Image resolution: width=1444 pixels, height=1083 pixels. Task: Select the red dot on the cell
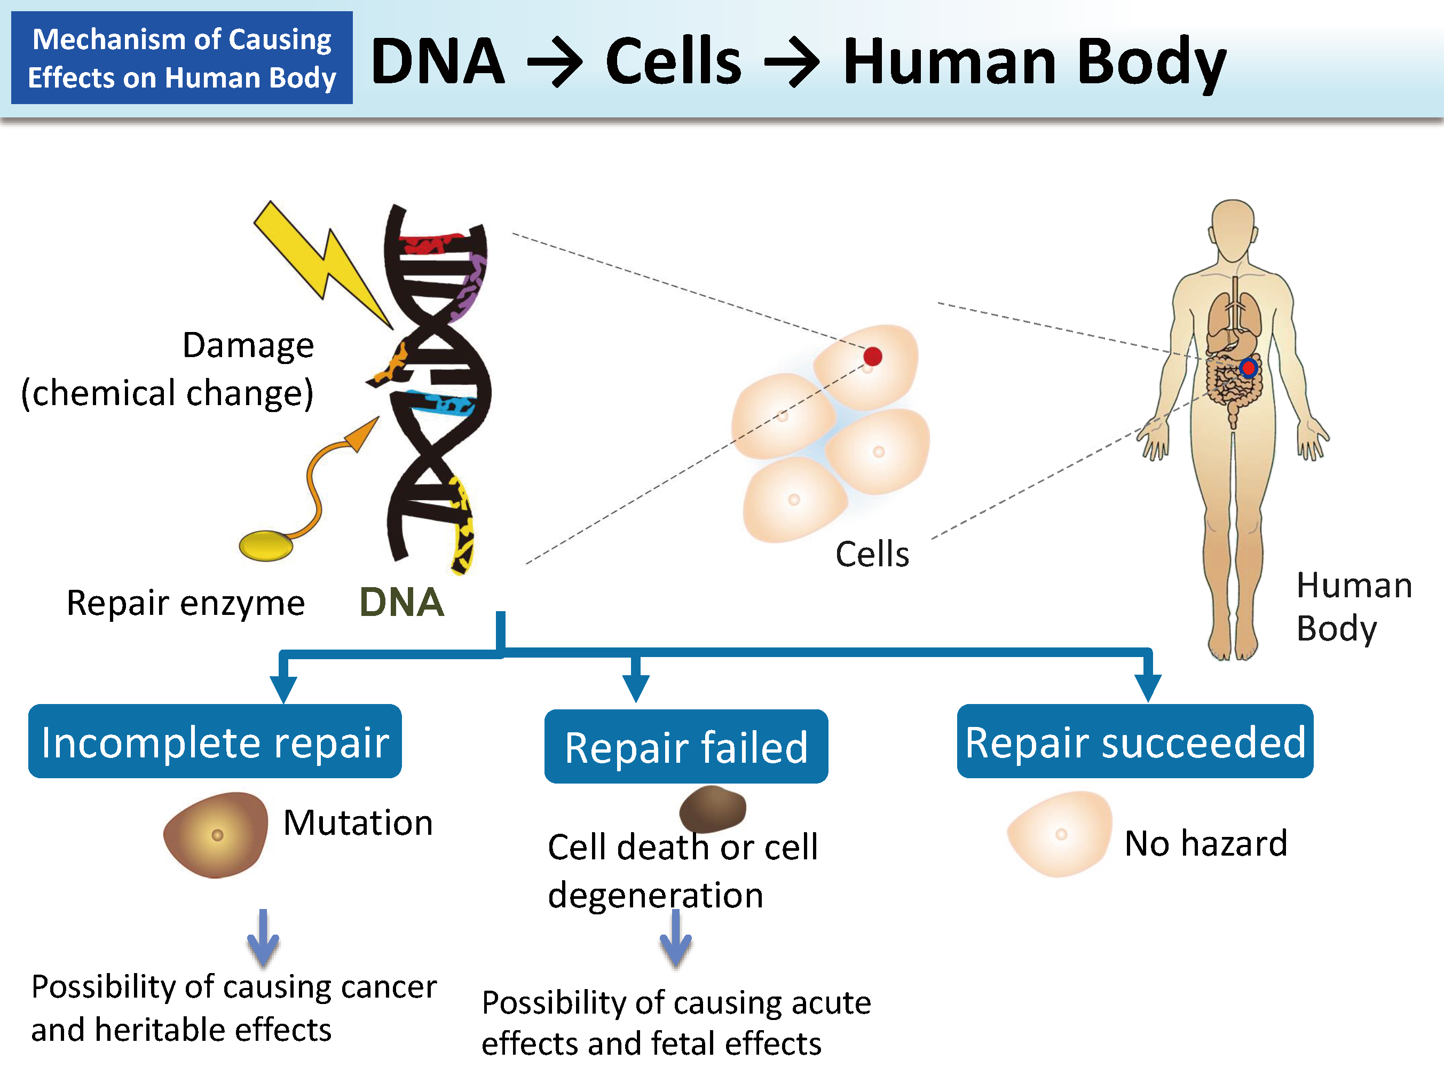[872, 357]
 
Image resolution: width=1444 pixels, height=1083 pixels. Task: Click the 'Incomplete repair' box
[215, 741]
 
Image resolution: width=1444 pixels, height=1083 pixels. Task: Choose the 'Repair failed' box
[686, 746]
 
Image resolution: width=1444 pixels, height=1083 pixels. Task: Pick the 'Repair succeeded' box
[1134, 741]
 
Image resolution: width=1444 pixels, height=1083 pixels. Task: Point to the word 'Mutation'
[358, 822]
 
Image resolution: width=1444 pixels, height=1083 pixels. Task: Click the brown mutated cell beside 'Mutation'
[216, 834]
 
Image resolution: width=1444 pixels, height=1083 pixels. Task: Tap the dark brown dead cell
[712, 808]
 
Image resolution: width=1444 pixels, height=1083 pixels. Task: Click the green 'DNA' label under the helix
[401, 602]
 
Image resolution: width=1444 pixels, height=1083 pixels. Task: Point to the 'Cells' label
[872, 554]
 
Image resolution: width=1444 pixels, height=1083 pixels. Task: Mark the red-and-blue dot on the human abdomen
[1248, 368]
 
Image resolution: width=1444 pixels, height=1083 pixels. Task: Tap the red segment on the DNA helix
[431, 243]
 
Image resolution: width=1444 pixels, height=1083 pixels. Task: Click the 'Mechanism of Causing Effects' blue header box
[182, 58]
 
